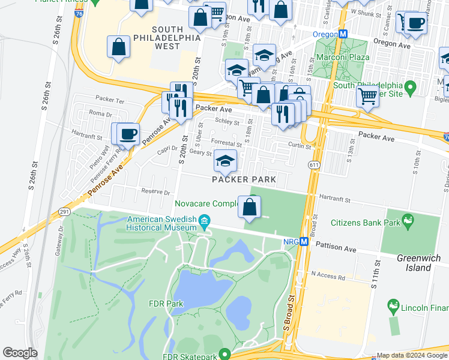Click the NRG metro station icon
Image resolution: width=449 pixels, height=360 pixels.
click(304, 242)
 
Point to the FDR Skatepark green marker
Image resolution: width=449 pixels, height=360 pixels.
click(224, 354)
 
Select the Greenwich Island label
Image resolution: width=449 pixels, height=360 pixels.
click(418, 263)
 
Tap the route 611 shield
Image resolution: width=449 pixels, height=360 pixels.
click(313, 164)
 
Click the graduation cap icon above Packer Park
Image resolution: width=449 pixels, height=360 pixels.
click(225, 161)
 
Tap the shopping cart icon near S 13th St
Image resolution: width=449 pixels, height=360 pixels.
click(367, 96)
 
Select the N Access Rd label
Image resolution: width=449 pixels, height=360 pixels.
click(328, 277)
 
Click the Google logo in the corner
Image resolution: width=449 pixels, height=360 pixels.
click(20, 352)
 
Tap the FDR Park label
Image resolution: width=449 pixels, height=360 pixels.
click(166, 304)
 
